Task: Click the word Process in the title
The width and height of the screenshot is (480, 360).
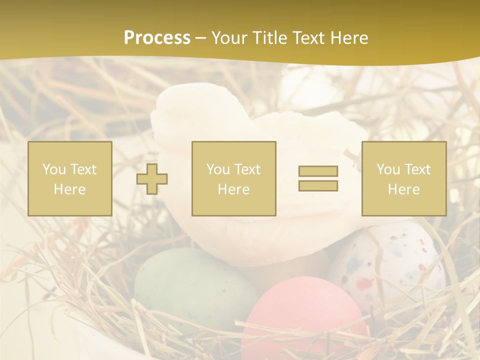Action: click(x=157, y=38)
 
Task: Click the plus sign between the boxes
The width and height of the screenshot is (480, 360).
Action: click(x=152, y=179)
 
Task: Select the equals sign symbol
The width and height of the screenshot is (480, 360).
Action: click(x=318, y=178)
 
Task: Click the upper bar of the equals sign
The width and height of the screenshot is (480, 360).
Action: click(x=318, y=171)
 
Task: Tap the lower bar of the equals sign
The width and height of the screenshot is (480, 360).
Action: click(x=318, y=185)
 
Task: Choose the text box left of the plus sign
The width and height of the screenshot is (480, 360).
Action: click(x=69, y=179)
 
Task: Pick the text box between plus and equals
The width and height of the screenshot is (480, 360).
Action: click(x=233, y=179)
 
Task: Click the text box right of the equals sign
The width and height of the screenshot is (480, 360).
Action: click(x=403, y=179)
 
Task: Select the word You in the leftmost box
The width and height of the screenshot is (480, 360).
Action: click(x=54, y=169)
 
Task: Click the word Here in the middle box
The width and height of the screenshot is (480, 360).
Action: click(x=233, y=189)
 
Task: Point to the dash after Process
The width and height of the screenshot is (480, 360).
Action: click(x=201, y=38)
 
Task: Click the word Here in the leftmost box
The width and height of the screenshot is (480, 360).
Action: click(x=69, y=189)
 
